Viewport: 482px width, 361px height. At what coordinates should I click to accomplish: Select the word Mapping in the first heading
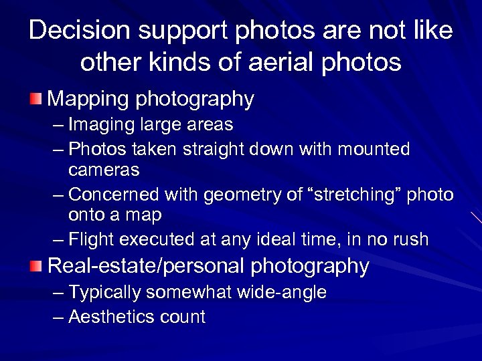coord(88,100)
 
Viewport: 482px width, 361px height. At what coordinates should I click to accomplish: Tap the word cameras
coord(104,170)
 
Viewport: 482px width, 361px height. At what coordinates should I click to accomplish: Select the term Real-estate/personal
coord(147,266)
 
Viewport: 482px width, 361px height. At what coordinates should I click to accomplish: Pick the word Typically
coord(104,293)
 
